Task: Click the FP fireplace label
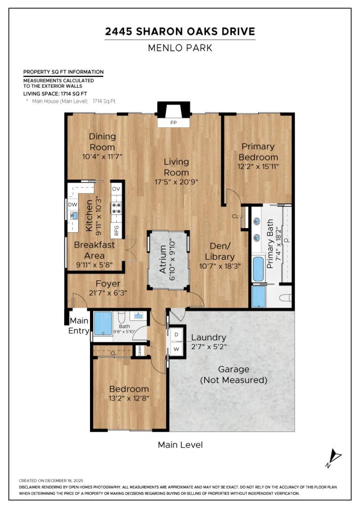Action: [173, 123]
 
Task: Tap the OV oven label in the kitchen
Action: [116, 189]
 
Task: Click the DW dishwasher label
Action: [72, 205]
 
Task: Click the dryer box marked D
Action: [176, 335]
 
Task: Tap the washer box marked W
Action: [176, 350]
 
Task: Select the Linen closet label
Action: [139, 350]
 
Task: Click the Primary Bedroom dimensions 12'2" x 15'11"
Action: [258, 166]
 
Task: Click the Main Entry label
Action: [79, 326]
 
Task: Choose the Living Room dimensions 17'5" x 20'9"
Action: [176, 181]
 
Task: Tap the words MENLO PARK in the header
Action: [180, 48]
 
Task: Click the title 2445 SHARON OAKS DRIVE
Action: [180, 32]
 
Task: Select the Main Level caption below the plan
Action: [180, 444]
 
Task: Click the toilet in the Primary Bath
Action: [285, 298]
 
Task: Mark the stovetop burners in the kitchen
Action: [116, 208]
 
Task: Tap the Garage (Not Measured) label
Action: [234, 375]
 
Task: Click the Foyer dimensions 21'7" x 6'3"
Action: [108, 293]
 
